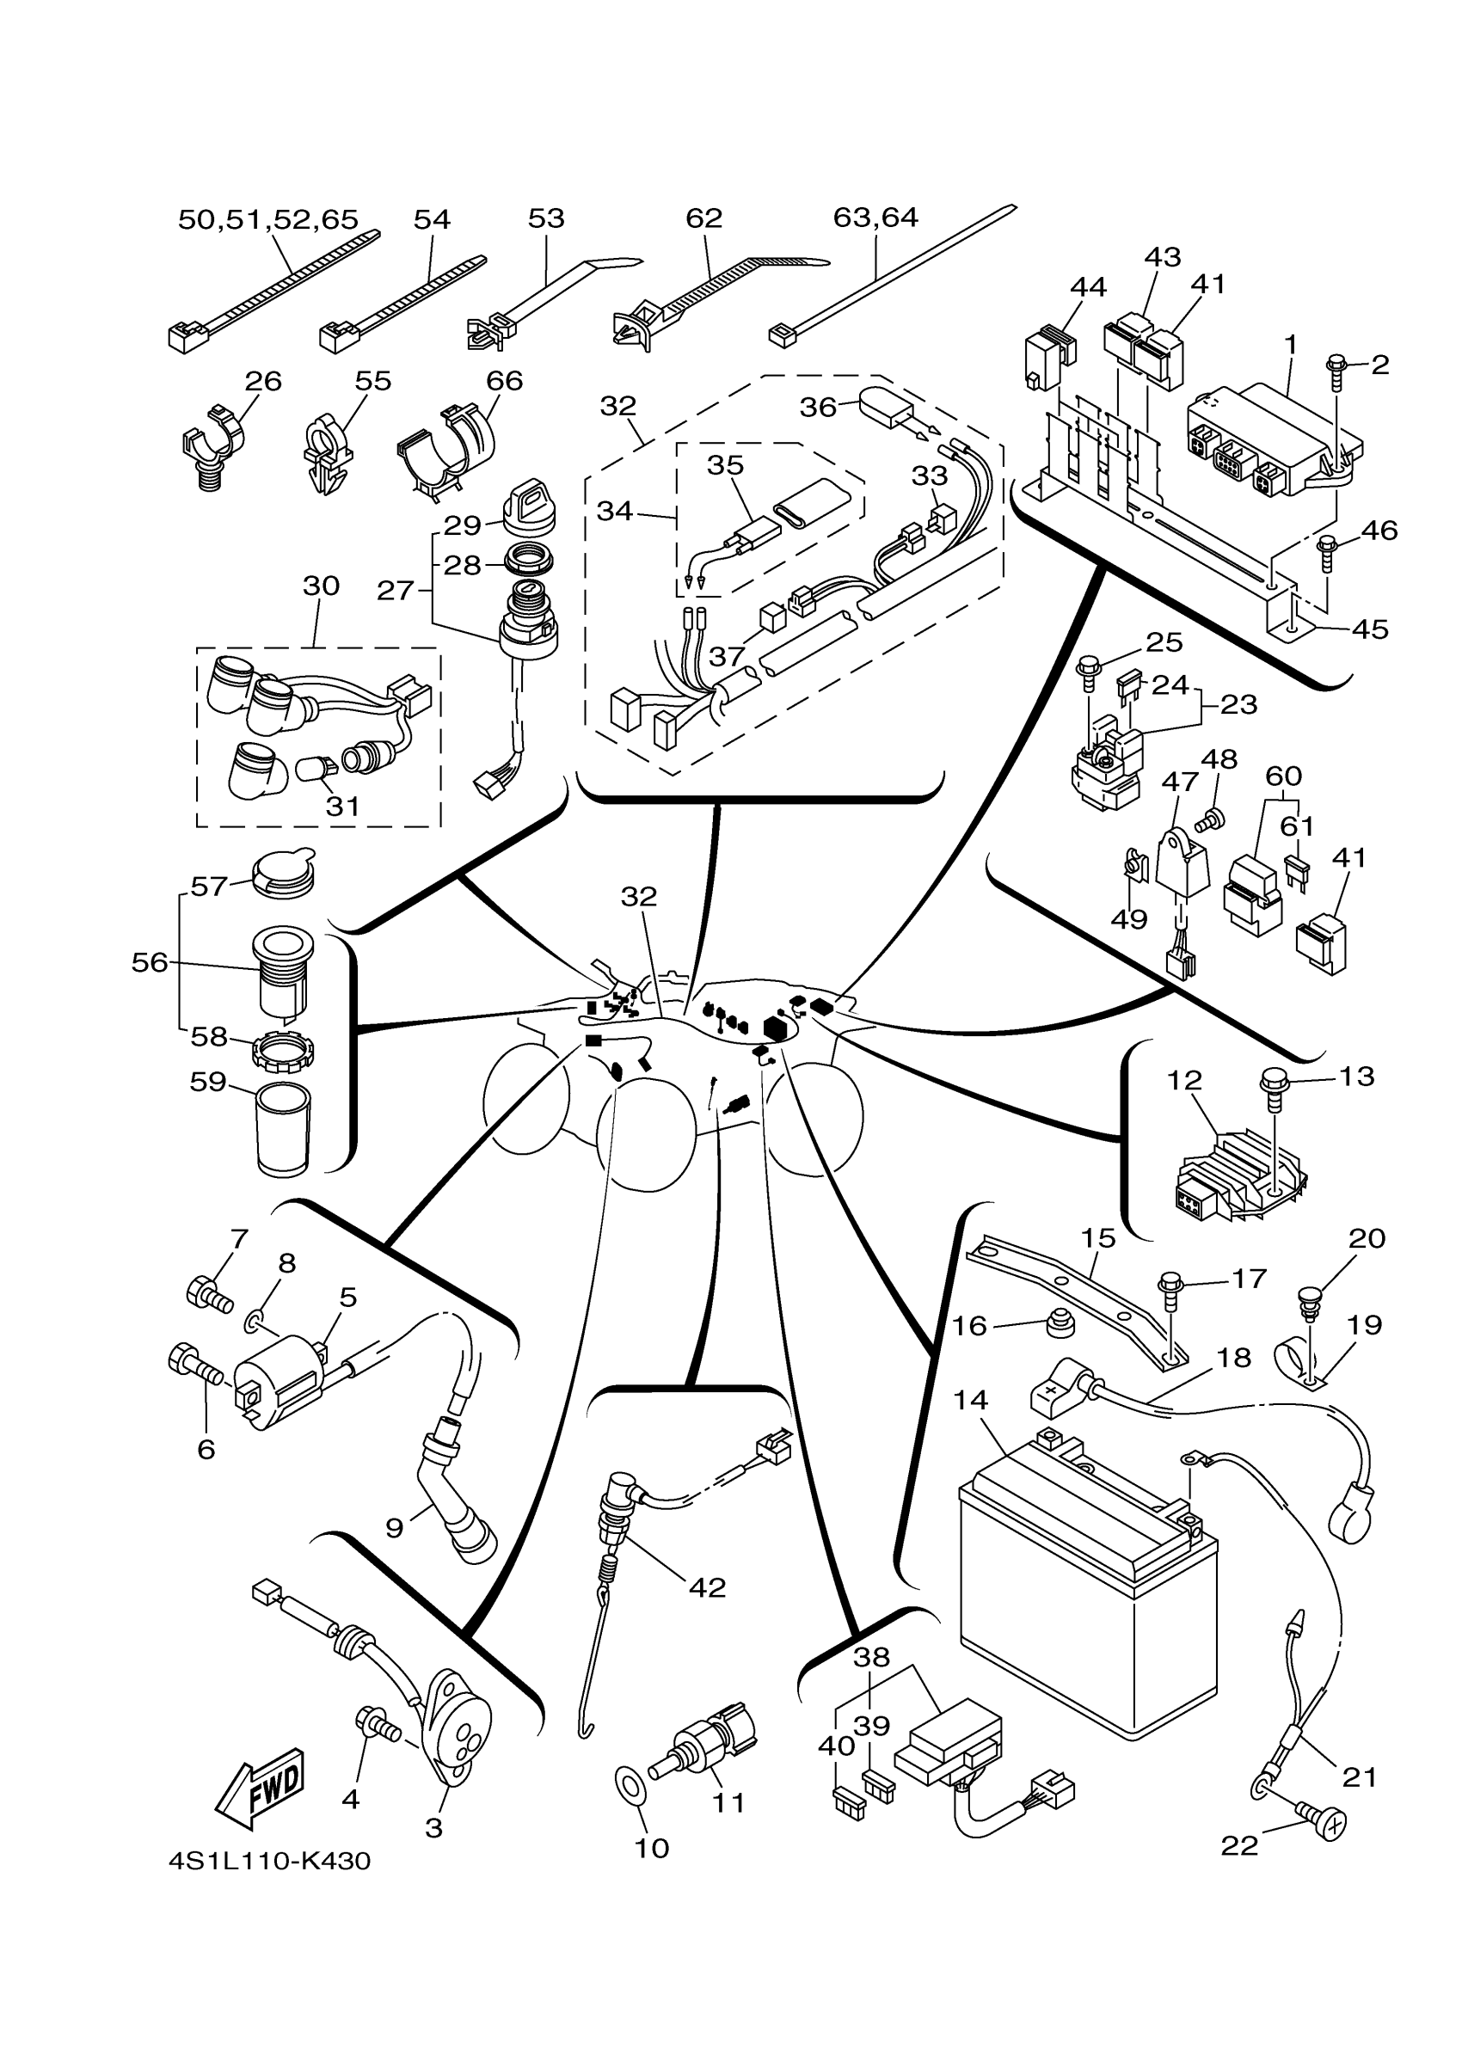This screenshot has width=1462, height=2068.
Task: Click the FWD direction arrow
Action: point(261,1787)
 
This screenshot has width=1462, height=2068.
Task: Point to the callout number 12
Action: point(1184,1081)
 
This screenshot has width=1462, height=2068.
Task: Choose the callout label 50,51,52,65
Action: point(267,220)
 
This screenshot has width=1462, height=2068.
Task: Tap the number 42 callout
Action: point(707,1587)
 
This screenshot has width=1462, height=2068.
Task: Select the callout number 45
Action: point(1369,629)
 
